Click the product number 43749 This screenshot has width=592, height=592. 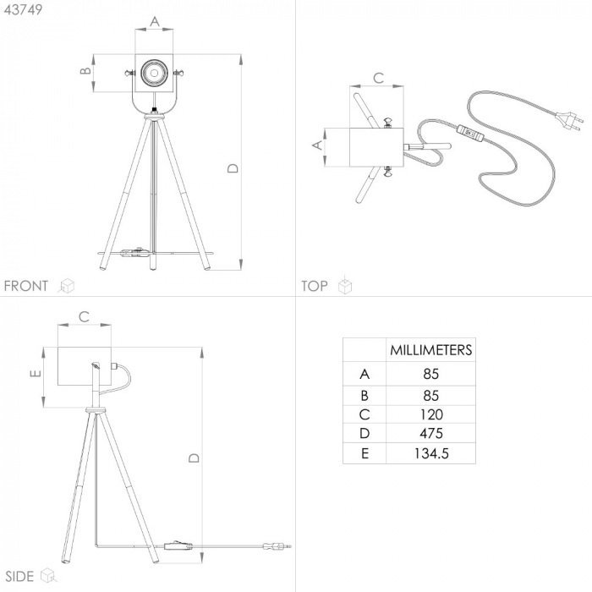[23, 10]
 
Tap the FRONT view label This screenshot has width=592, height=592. [26, 286]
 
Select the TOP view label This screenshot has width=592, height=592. [315, 286]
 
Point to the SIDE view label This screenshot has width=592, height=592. [19, 577]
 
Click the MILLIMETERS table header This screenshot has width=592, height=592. [430, 350]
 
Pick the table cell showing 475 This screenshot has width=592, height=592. [431, 433]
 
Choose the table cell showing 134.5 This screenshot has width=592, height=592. [431, 453]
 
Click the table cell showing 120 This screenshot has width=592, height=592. [431, 414]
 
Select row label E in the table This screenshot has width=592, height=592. [365, 453]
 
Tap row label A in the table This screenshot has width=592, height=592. [365, 374]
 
